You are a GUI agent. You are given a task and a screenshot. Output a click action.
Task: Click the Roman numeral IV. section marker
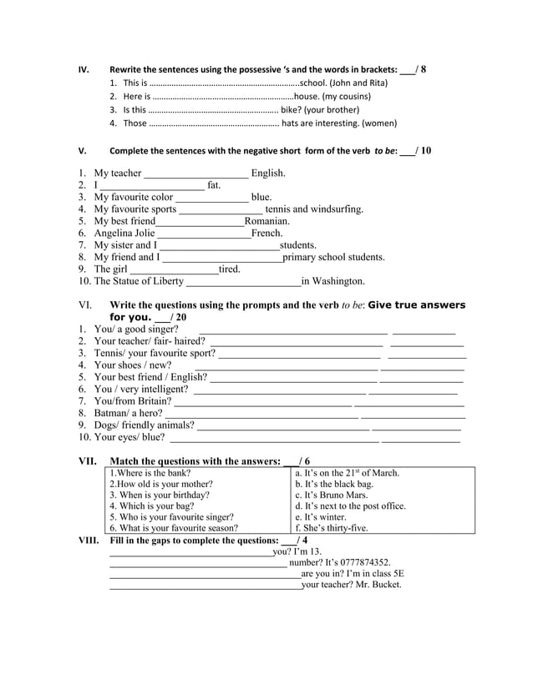point(83,69)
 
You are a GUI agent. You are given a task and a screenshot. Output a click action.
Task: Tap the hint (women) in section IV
point(379,123)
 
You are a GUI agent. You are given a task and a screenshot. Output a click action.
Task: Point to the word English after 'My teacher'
point(268,174)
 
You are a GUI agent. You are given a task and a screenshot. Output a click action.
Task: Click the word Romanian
point(267,221)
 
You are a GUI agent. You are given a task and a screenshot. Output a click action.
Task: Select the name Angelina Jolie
point(124,234)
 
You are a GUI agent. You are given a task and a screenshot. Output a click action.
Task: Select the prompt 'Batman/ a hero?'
point(128,413)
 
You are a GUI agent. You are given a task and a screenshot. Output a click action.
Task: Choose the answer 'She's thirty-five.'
point(331,528)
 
